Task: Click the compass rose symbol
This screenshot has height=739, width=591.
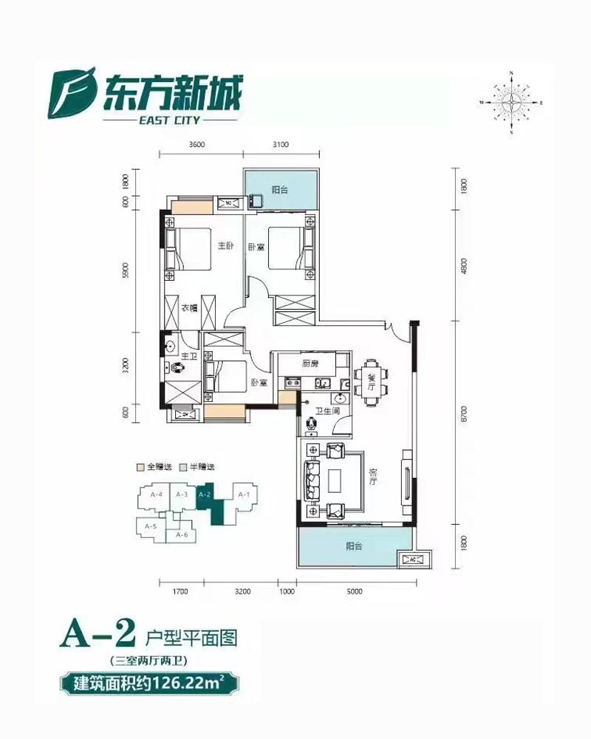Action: [510, 102]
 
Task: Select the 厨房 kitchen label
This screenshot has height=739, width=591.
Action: [310, 364]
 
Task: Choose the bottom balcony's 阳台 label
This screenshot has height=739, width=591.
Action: [355, 547]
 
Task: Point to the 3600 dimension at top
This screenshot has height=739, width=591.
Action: [196, 145]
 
